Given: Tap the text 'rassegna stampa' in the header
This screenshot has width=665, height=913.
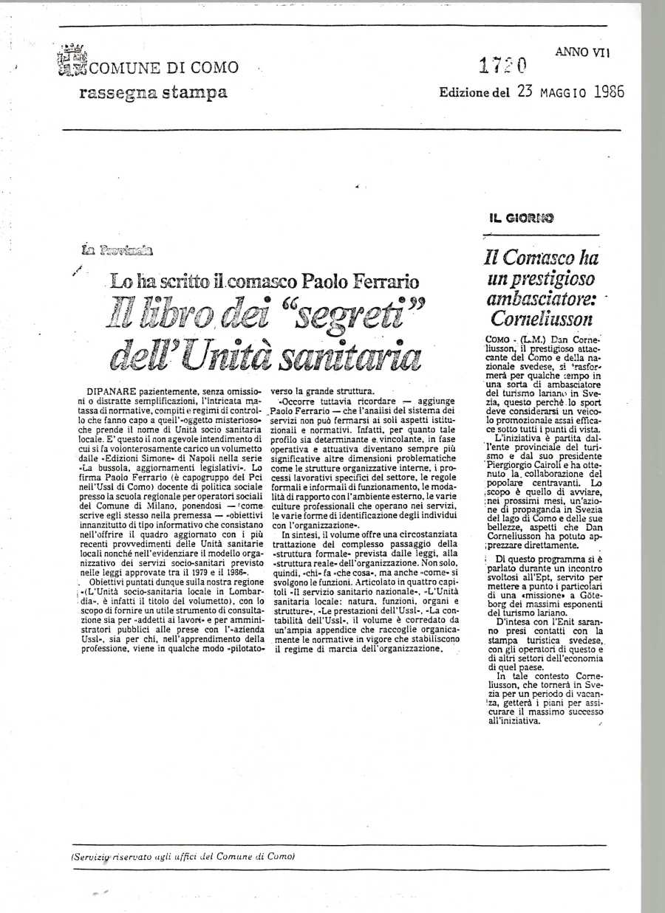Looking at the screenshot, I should coord(153,93).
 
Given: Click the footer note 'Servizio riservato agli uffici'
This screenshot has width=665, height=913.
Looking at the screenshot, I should coord(183,857).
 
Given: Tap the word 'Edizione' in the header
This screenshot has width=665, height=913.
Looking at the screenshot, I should coord(464,94).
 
